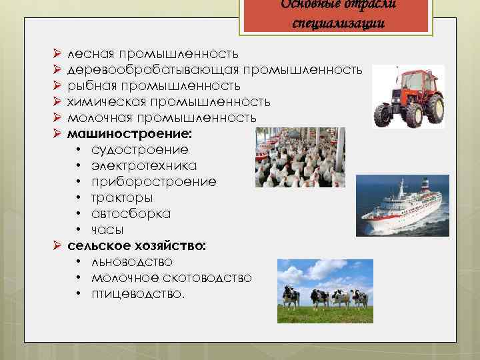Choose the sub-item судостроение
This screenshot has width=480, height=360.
coord(140,150)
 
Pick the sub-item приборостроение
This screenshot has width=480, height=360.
coord(153,181)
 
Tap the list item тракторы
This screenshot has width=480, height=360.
coord(122,197)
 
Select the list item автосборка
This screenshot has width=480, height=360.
coord(131,213)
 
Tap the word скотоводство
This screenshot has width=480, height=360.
coord(210,277)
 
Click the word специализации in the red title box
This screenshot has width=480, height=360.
coord(338,23)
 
